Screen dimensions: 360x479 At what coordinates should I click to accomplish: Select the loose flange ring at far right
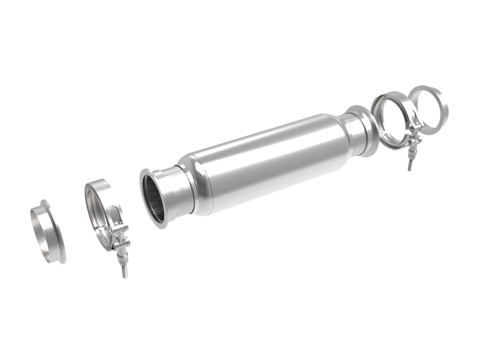(441, 105)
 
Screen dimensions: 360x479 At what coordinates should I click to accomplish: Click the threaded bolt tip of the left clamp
(125, 272)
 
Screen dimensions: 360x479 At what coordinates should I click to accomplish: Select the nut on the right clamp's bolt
(411, 154)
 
